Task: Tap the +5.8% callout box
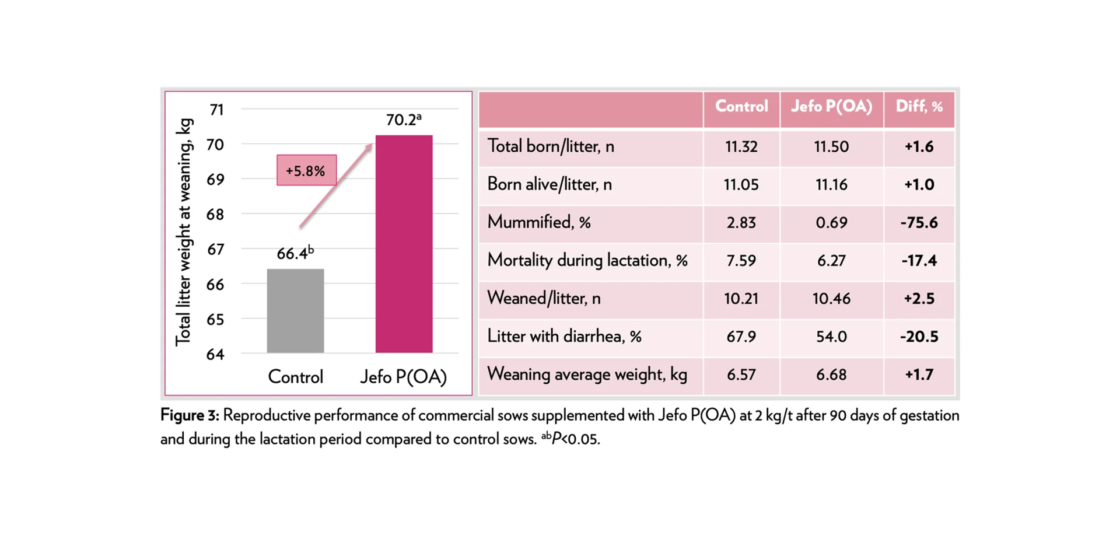[306, 170]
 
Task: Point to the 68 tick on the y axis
[215, 214]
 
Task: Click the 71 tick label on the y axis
[216, 110]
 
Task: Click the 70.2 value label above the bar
[402, 120]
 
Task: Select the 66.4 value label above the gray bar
[295, 253]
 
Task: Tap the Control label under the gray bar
[295, 377]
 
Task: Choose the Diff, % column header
[919, 107]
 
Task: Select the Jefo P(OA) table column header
[831, 107]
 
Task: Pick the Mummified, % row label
[539, 222]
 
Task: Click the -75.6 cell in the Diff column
[919, 222]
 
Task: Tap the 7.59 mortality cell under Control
[741, 260]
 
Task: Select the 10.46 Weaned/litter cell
[831, 299]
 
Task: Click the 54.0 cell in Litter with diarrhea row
[831, 337]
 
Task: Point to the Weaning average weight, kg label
[587, 374]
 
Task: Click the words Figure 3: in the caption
[190, 415]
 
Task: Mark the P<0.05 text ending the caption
[575, 439]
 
